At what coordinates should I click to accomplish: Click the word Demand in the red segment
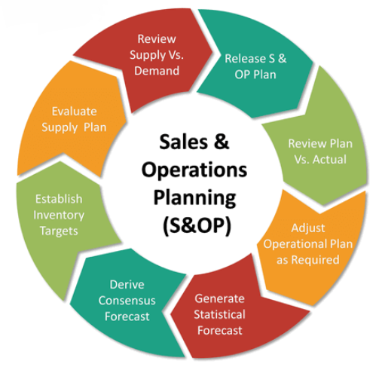point(157,71)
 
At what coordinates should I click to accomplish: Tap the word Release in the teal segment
point(245,59)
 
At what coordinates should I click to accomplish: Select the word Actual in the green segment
point(329,159)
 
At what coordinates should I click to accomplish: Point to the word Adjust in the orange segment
point(308,228)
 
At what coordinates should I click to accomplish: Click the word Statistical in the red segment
point(219,314)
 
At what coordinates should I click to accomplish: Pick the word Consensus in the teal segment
point(127,301)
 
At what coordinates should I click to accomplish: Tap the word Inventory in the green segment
point(59,216)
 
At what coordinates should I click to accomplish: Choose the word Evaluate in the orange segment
point(75,112)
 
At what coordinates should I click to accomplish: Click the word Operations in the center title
point(194,170)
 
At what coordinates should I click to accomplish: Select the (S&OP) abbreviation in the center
point(197,225)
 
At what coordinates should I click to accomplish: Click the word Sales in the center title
point(184,142)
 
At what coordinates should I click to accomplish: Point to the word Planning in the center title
point(194,198)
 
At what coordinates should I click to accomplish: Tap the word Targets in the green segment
point(59,231)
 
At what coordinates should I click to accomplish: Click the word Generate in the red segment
point(219,298)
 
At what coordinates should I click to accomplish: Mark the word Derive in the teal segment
point(127,285)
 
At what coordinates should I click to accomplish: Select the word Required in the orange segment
point(316,260)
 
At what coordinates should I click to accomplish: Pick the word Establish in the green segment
point(59,199)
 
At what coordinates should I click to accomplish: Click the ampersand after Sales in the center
point(222,142)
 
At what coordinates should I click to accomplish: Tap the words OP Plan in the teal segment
point(255,75)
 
